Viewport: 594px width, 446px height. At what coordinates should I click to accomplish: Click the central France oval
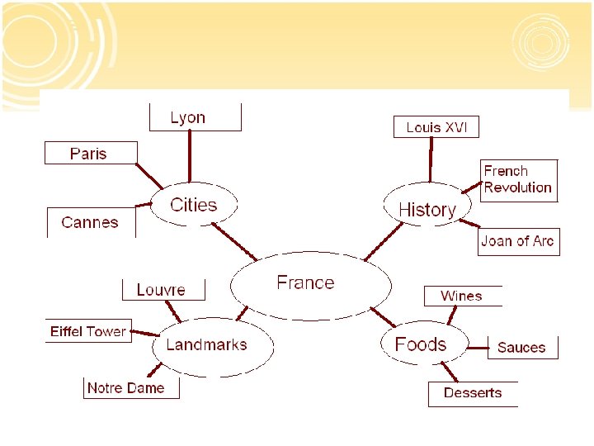pos(309,285)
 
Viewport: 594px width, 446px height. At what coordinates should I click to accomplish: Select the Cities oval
pos(194,205)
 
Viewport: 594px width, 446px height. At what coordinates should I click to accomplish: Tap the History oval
pos(427,209)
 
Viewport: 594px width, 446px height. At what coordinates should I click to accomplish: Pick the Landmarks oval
pos(206,345)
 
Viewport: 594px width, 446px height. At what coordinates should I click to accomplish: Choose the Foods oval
pos(421,344)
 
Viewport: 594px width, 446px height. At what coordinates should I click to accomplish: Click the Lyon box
pos(188,117)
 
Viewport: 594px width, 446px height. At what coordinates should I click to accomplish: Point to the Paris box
pos(88,154)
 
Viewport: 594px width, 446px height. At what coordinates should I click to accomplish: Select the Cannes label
pos(90,222)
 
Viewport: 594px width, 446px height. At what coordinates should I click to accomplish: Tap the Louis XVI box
pos(436,127)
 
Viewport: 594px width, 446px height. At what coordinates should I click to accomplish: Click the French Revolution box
pos(518,179)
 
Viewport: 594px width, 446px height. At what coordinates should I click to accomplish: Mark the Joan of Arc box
pos(517,241)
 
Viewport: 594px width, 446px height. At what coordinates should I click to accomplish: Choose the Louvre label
pos(161,290)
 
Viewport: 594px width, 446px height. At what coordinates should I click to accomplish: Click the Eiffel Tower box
pos(88,331)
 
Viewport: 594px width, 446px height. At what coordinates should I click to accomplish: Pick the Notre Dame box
pos(126,387)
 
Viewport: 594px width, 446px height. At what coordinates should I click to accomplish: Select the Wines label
pos(461,296)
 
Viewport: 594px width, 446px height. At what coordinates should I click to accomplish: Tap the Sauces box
pos(521,348)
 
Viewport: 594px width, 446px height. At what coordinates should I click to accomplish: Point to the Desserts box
pos(473,393)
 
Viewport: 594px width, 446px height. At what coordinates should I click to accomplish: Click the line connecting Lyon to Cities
pos(191,157)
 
